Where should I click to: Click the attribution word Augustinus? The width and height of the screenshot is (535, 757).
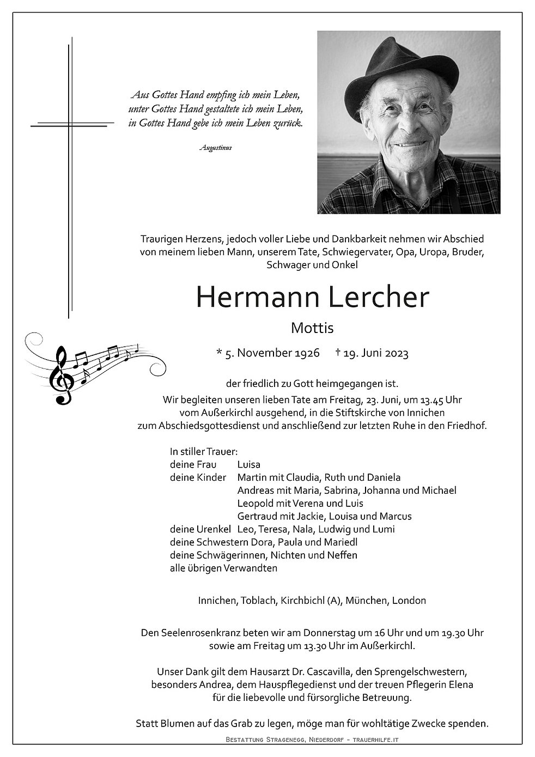click(216, 148)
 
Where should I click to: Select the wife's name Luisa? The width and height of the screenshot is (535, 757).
click(249, 464)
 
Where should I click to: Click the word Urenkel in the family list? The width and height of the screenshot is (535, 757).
click(213, 529)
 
